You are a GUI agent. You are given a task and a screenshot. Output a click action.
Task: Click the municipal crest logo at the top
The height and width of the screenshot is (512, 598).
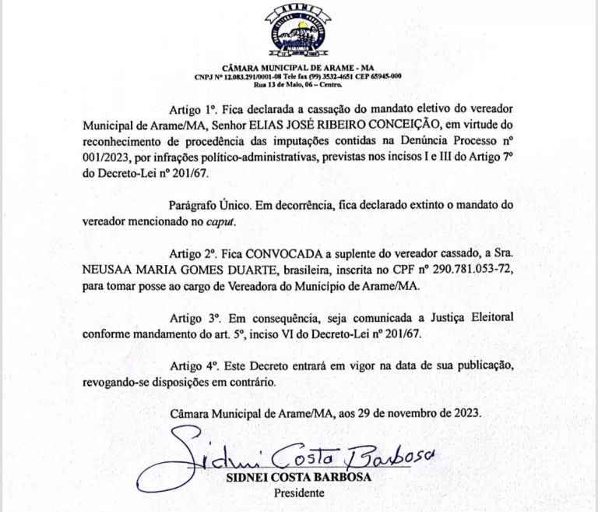(299, 32)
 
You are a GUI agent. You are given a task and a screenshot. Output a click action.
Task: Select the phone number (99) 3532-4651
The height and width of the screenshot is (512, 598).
(325, 76)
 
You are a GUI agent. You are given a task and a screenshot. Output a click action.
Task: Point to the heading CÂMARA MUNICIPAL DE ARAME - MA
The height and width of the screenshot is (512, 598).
(298, 68)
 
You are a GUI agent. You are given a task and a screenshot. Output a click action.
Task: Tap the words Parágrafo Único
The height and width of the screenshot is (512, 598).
(205, 205)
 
